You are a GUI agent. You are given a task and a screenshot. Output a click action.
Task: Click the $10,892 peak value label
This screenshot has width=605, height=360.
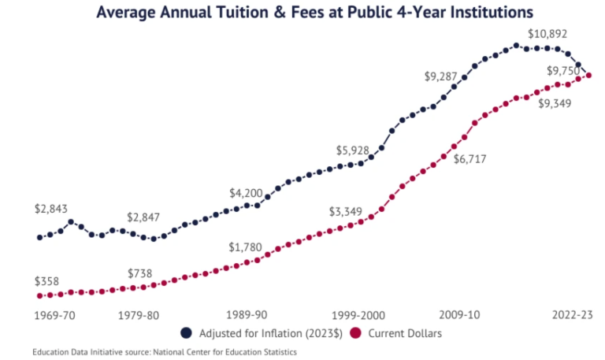coord(548,35)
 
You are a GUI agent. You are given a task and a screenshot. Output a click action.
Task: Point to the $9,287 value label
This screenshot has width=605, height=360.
coord(441,76)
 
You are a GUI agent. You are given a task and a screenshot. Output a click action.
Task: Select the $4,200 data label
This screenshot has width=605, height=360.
coord(246,193)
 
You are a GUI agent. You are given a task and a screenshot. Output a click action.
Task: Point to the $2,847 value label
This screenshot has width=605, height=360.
coord(144,217)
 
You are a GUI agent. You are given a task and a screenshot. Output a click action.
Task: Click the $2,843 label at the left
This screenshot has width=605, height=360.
coord(51,209)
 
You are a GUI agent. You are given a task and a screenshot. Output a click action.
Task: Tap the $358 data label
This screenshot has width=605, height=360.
coord(48,281)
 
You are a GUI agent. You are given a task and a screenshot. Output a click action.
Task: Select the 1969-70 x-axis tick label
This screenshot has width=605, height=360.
coord(55,315)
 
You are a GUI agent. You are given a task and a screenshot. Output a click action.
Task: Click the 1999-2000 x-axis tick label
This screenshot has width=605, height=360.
coord(358,315)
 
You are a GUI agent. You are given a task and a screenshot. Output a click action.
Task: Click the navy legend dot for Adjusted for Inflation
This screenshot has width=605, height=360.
coord(187,333)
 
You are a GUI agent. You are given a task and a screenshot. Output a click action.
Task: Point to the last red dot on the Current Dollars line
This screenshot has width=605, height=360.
coord(588,76)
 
